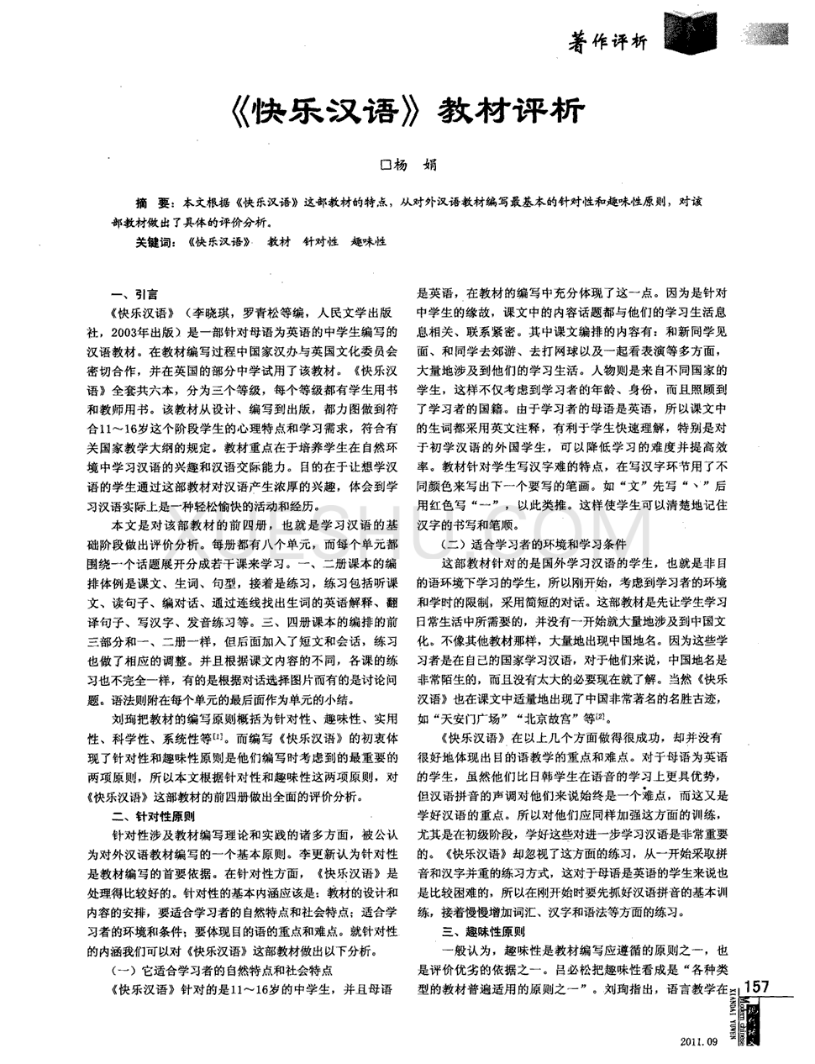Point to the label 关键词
156,242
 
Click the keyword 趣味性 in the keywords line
369,242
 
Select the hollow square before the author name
387,166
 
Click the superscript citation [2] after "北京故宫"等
600,715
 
